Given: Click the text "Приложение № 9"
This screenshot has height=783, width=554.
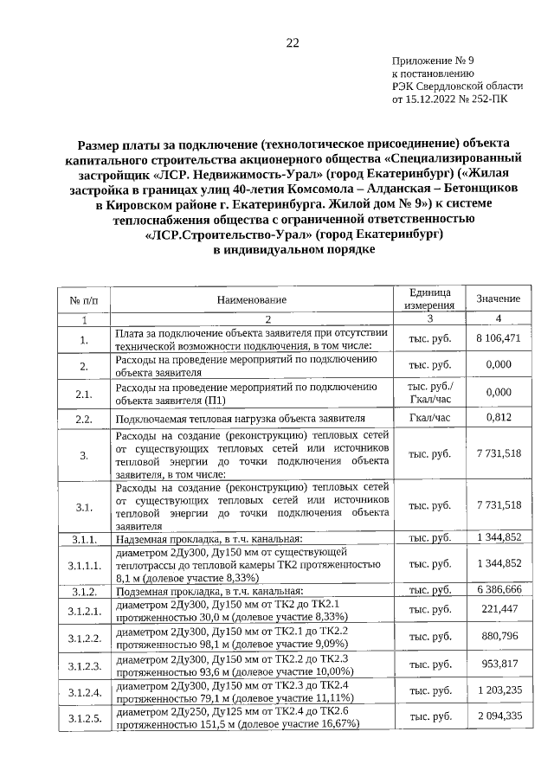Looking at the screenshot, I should tap(433, 61).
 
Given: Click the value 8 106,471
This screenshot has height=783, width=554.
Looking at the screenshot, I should tap(498, 338).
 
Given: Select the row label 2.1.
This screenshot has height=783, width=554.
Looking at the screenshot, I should tap(84, 394).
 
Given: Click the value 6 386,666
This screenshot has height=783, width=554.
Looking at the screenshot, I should tap(498, 589).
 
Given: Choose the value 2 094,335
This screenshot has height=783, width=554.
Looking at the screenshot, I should tap(498, 718).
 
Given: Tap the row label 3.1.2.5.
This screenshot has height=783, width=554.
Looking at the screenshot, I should tap(85, 718).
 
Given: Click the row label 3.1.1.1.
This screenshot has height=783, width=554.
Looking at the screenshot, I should tap(85, 564).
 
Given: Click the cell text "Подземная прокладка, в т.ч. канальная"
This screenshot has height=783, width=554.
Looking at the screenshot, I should tap(209, 590).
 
